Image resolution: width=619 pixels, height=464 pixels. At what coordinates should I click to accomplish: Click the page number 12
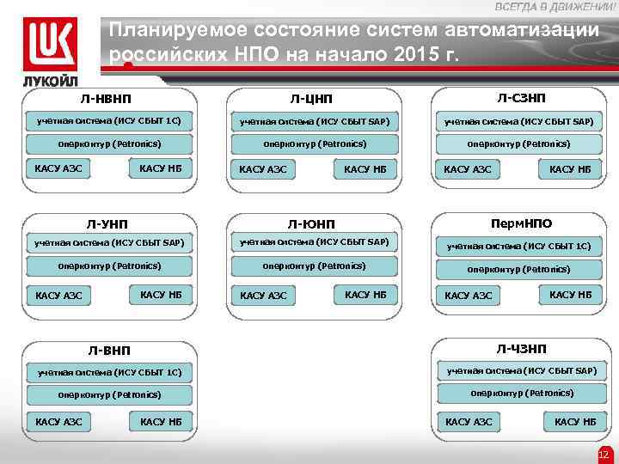(603, 454)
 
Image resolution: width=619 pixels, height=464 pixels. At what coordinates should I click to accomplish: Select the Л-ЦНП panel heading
(314, 101)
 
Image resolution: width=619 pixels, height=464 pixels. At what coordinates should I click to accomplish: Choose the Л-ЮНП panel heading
(313, 224)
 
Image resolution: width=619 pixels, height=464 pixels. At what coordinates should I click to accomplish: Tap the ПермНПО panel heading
(521, 223)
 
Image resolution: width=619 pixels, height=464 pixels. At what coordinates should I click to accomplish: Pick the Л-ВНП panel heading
(109, 351)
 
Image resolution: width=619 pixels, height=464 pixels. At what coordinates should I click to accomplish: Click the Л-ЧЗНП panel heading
(521, 349)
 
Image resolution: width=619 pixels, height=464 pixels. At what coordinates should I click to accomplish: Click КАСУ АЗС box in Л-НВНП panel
(58, 168)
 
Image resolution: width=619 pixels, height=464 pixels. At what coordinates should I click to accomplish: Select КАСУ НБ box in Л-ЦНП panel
(365, 169)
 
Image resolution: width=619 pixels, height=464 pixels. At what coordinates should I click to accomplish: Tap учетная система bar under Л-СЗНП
(518, 122)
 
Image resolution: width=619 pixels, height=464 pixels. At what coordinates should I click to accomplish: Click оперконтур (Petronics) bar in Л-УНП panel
(109, 266)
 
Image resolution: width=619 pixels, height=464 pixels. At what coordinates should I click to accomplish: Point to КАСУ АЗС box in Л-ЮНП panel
(264, 296)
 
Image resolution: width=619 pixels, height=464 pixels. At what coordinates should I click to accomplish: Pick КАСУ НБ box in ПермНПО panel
(571, 296)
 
